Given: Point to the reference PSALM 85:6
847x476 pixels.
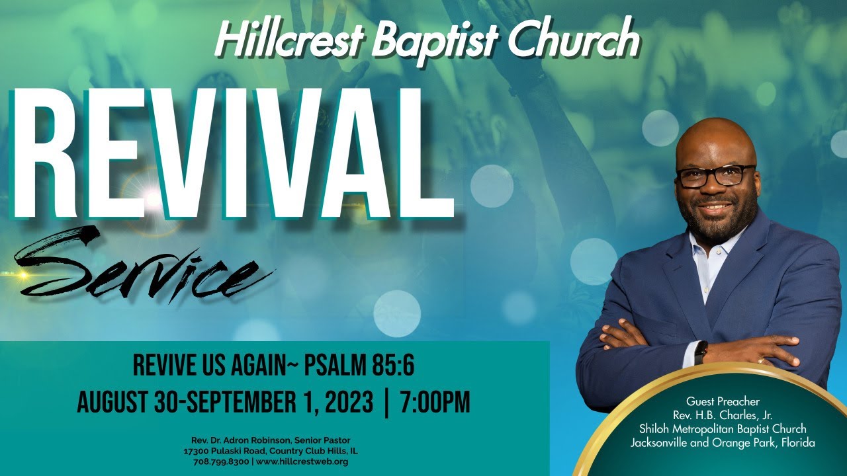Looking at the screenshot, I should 359,365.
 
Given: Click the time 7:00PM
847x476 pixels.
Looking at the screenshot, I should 435,402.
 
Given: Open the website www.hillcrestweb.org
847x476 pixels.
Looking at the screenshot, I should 301,461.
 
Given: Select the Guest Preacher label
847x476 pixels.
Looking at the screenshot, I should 723,401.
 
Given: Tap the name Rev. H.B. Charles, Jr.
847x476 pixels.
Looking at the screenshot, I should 723,415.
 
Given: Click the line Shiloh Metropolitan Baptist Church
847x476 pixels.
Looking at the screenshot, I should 723,429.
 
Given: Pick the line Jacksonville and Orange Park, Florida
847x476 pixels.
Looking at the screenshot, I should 723,442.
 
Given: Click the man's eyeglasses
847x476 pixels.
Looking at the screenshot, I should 715,176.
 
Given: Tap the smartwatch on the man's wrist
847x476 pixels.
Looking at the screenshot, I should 701,351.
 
